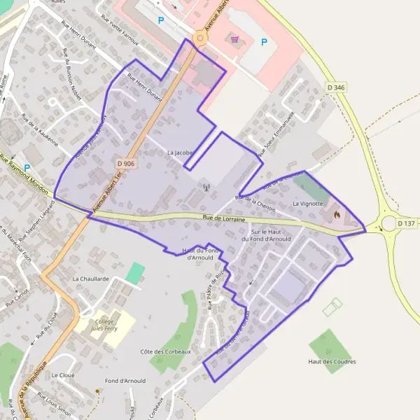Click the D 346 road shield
[x=337, y=87]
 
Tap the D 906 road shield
[x=125, y=163]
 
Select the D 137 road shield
[x=406, y=223]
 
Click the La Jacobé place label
[x=180, y=152]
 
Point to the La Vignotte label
[x=309, y=203]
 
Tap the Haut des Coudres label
[x=332, y=361]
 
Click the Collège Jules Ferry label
[x=105, y=325]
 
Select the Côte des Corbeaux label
[x=165, y=351]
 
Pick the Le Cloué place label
[x=63, y=374]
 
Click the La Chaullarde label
[x=91, y=278]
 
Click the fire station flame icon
[x=336, y=214]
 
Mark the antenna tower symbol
[x=206, y=188]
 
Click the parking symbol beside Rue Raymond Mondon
[x=27, y=168]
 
